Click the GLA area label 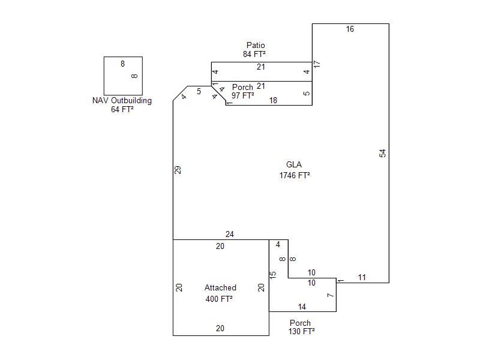[x=294, y=164]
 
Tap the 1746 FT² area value [x=294, y=175]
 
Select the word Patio [x=256, y=46]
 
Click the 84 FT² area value [x=254, y=54]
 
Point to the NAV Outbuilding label [x=122, y=100]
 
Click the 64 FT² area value [x=122, y=109]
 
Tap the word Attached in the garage [x=220, y=287]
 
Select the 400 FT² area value [x=219, y=298]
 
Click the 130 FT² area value [x=302, y=331]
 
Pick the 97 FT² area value [x=243, y=95]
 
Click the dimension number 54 [x=383, y=153]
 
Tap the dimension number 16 [x=350, y=29]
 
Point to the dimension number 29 [x=178, y=170]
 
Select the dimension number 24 [x=230, y=234]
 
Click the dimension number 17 [x=317, y=64]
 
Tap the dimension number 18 [x=273, y=100]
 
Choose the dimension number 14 [x=302, y=307]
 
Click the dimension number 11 [x=362, y=277]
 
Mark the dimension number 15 [x=273, y=275]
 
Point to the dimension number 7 [x=330, y=295]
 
